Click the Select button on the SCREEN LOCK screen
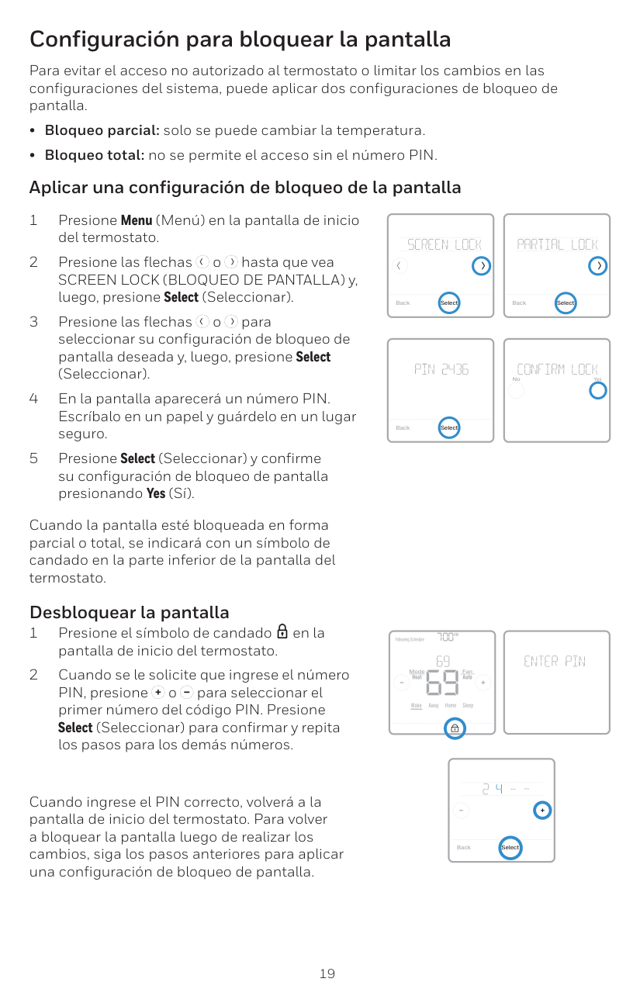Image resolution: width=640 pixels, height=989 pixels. tap(449, 303)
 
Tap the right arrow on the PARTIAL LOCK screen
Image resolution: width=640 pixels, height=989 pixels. tap(597, 266)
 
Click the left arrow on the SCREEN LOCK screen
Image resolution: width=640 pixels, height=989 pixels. tap(399, 266)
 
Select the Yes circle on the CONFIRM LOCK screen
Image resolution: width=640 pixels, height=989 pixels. tap(597, 390)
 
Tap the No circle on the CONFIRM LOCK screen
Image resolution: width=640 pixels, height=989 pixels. tap(517, 390)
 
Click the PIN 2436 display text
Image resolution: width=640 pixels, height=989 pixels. tap(441, 369)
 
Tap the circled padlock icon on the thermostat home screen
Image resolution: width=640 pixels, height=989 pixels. tap(455, 728)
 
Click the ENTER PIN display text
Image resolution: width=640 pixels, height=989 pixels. tap(555, 662)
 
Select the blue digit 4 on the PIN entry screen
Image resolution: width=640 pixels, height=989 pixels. tap(499, 790)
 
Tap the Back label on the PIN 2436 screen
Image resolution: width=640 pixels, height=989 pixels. tap(403, 427)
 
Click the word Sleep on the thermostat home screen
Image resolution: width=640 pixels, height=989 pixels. tap(468, 705)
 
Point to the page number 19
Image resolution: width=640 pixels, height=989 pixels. tap(327, 973)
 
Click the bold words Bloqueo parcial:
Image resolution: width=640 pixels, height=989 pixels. tap(102, 130)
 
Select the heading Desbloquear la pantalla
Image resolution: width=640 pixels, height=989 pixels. tap(129, 613)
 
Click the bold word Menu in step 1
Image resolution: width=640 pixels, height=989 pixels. tap(137, 220)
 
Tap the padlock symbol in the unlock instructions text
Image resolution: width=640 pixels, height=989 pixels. tap(282, 633)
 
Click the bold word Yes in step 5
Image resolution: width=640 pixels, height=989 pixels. tap(155, 493)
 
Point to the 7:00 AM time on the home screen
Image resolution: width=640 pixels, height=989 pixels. tap(446, 637)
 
